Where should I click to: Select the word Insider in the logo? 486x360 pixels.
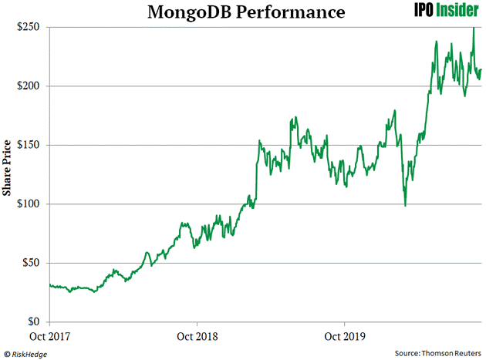tap(448, 12)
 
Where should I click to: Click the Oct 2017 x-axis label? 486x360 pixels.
tap(49, 336)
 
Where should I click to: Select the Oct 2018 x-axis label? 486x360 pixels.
tap(197, 336)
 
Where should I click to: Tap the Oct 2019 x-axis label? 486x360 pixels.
tap(344, 336)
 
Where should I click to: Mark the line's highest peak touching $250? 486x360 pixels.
tap(473, 28)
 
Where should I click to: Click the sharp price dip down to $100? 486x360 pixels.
tap(405, 204)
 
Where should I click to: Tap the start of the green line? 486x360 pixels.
tap(49, 285)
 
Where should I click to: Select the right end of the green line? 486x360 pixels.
tap(481, 70)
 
